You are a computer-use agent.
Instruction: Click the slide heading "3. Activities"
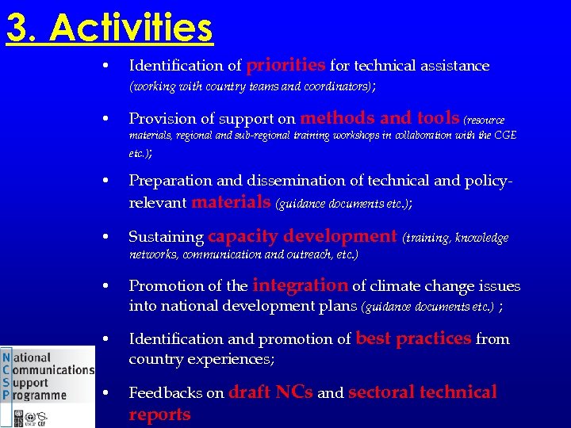click(109, 29)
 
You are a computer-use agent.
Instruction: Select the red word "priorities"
click(286, 64)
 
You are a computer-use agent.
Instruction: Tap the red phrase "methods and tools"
click(380, 118)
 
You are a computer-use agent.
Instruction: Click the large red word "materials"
click(231, 202)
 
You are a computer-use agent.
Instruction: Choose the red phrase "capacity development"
click(302, 236)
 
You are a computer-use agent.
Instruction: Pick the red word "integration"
click(300, 285)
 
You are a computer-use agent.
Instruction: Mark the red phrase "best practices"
click(413, 338)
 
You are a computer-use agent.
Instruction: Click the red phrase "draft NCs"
click(270, 392)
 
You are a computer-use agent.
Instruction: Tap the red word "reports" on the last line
click(159, 415)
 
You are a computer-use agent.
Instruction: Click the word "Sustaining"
click(166, 237)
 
